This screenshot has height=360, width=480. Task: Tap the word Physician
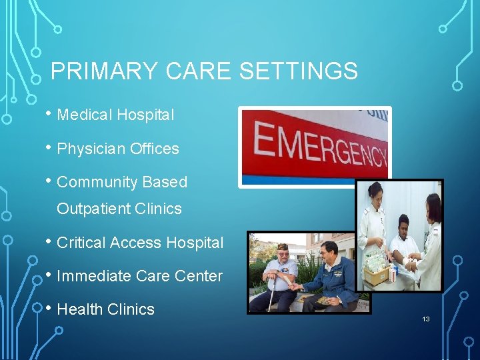click(x=89, y=149)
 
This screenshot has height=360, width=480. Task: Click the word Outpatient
click(x=93, y=209)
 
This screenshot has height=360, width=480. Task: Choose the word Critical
click(x=81, y=243)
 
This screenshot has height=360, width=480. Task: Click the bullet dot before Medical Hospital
click(x=49, y=113)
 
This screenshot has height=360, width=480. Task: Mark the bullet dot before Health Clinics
click(x=49, y=308)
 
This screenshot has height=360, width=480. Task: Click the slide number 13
click(x=425, y=319)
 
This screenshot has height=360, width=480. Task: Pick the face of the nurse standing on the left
click(x=375, y=195)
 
